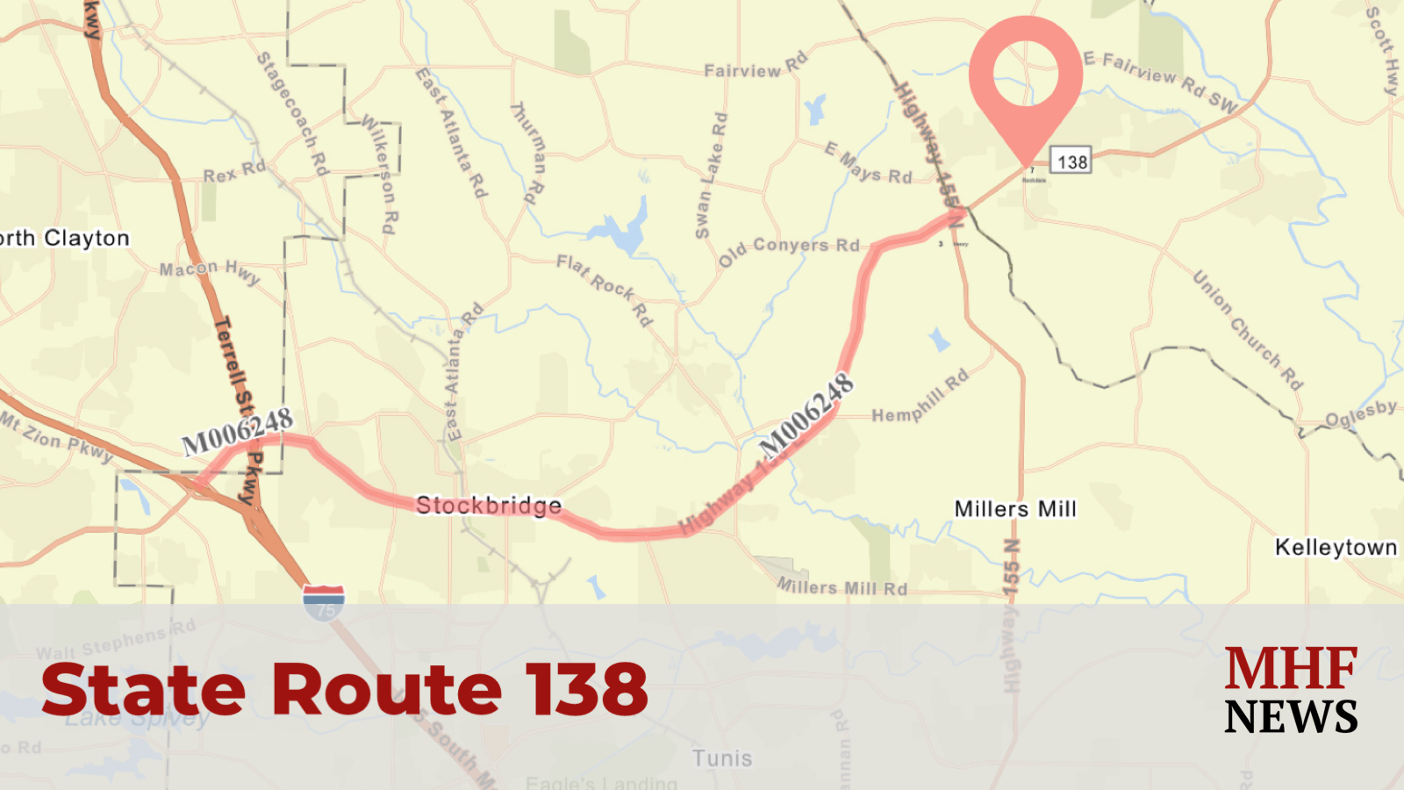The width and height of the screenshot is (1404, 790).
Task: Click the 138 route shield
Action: (1071, 162)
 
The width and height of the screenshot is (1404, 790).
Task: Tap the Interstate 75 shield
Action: (324, 602)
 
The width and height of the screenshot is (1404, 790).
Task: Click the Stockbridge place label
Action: (489, 506)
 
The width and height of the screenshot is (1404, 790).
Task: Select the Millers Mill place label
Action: (1015, 509)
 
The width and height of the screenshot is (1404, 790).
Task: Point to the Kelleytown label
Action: (1336, 548)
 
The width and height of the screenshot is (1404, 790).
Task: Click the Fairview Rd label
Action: (756, 67)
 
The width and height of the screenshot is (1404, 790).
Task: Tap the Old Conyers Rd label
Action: (789, 249)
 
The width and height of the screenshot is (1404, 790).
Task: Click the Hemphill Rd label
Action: (920, 397)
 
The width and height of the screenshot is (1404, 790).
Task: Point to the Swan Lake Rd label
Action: (711, 176)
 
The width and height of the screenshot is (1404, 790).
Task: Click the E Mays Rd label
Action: (868, 164)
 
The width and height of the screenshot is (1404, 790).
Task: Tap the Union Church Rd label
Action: (1247, 329)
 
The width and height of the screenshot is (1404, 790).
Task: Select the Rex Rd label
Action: (234, 171)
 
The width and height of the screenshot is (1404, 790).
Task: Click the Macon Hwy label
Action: (210, 271)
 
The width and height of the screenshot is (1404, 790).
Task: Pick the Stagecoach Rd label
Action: (292, 112)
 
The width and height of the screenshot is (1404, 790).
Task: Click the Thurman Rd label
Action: (528, 153)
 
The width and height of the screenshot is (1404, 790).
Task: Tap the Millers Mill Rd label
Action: (842, 586)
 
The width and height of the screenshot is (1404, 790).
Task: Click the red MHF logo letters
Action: (1291, 669)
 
